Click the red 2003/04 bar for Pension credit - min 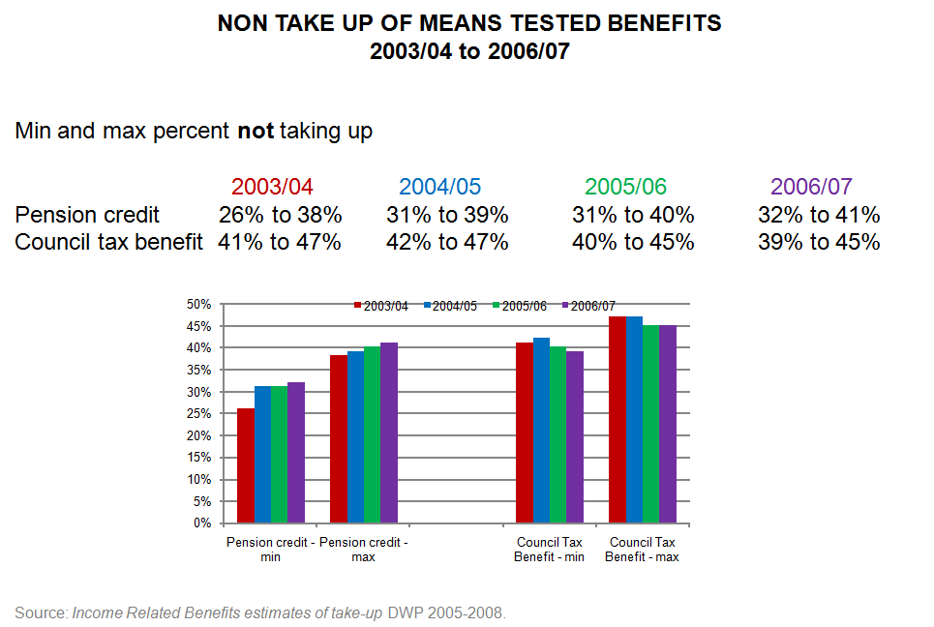coord(245,465)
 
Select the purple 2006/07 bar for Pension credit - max coord(389,433)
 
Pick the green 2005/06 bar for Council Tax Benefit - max coord(650,424)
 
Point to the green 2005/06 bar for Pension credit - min coord(279,455)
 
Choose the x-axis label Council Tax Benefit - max coord(643,550)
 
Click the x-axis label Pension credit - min coord(270,550)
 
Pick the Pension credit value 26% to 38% coord(280,215)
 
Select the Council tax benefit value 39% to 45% coord(819,242)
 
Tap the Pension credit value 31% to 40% coord(633,215)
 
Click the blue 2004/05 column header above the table coord(439,187)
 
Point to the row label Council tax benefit coord(108,242)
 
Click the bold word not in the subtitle coord(256,131)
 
